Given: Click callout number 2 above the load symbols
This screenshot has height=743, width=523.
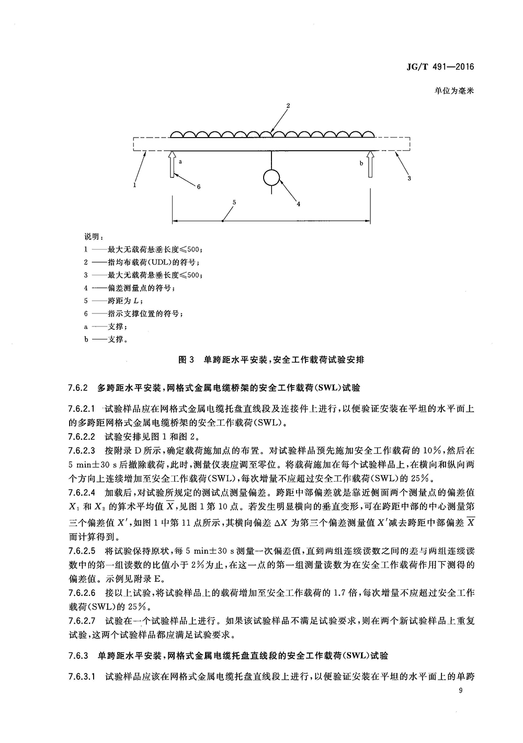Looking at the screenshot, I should click(287, 106).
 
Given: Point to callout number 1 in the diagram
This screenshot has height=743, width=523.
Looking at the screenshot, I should click(134, 184).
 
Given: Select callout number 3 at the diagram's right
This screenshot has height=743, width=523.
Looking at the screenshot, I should click(409, 178).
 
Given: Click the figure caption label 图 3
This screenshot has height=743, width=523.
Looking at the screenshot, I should click(186, 360).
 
